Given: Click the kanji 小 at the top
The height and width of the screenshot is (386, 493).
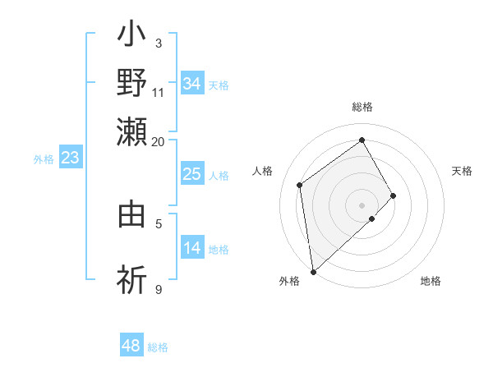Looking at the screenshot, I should [132, 38].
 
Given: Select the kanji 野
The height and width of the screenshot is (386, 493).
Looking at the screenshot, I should [132, 84].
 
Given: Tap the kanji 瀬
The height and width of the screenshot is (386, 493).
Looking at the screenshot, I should [132, 131].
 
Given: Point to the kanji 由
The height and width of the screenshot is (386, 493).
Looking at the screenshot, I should [132, 214].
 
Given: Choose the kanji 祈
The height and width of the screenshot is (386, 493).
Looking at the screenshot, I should [132, 279].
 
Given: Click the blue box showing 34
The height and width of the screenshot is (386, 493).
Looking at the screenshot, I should [192, 84].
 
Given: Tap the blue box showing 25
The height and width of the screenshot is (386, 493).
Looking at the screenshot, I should [192, 174].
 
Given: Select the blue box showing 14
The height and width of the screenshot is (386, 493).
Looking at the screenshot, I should [192, 248].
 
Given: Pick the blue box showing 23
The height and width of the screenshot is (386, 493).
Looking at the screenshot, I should [70, 158].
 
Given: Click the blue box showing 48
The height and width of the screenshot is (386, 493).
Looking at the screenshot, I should [131, 347].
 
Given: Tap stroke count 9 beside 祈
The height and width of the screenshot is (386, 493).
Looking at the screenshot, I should [159, 289].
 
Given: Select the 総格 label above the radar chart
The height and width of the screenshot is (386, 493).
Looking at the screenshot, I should [362, 107].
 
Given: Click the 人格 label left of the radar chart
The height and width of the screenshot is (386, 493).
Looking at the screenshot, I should [263, 171].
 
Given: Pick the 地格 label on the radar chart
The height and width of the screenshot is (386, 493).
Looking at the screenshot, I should [431, 282].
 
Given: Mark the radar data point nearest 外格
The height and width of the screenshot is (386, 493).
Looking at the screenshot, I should [313, 272].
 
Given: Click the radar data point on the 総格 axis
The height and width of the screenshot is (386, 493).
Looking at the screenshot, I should [362, 140].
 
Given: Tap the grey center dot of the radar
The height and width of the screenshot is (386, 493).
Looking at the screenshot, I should [362, 204].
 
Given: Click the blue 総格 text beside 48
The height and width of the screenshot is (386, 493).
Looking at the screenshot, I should [158, 347].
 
